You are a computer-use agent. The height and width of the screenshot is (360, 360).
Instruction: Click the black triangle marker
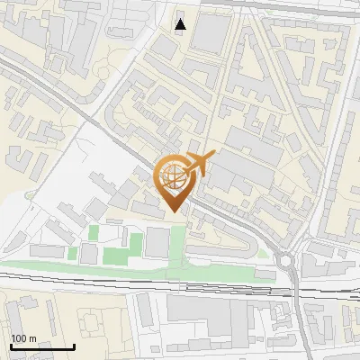181,24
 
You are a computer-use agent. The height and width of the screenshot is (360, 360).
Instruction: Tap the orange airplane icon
199,163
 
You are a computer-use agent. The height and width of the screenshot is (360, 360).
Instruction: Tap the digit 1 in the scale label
13,339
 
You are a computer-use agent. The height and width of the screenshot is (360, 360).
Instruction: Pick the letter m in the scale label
32,339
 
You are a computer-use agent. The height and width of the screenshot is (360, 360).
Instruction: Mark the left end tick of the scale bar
10,346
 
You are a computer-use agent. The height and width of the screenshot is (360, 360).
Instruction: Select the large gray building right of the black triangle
211,32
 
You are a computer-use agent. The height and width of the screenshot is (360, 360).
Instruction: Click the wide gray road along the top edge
270,4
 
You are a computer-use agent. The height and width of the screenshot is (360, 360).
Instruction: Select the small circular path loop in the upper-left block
104,71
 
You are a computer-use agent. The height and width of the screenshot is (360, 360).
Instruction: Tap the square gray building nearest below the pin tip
157,242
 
